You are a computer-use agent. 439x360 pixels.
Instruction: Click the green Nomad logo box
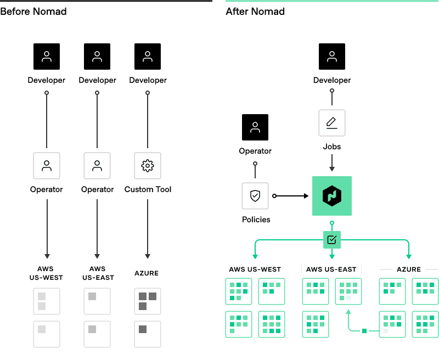tap(332, 196)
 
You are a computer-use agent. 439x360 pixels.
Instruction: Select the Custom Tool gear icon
tap(148, 166)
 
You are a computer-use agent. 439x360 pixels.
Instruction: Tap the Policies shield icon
tap(255, 196)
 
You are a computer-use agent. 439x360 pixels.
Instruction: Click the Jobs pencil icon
tap(332, 123)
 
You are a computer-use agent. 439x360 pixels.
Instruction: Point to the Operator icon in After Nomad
tap(255, 128)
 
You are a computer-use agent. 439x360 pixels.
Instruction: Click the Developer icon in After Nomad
tap(332, 57)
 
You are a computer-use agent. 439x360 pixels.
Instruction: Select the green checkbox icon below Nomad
tap(332, 240)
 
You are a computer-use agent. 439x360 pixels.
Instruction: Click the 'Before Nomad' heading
tap(33, 11)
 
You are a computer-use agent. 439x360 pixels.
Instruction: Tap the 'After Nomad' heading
tap(255, 11)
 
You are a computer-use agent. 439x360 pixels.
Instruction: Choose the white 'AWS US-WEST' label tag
tap(254, 269)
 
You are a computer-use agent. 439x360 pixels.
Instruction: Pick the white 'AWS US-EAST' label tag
tap(331, 269)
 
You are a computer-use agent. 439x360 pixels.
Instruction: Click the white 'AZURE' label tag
tap(409, 269)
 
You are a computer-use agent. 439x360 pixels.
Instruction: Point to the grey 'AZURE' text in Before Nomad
tap(147, 273)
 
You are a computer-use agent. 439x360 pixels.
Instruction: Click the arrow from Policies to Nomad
tap(291, 196)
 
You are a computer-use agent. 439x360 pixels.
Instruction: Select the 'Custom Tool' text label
tap(148, 189)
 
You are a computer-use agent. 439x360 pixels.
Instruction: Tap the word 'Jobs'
tap(332, 147)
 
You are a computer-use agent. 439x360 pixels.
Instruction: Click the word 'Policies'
tap(256, 220)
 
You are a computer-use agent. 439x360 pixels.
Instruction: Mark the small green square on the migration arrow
tap(363, 330)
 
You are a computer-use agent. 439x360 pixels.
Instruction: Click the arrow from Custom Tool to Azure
tap(148, 228)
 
